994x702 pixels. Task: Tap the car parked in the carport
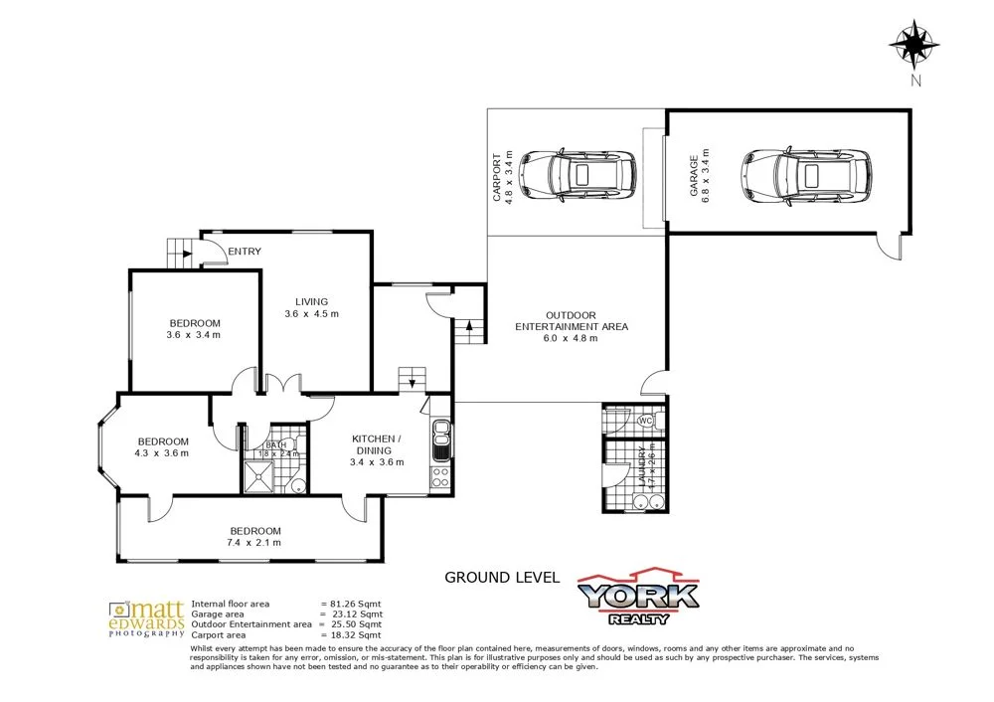578,174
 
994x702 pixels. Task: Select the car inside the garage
809,174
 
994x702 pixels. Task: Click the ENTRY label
244,252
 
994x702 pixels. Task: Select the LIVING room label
311,302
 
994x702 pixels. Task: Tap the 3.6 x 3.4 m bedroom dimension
194,336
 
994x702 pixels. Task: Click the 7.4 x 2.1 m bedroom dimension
255,543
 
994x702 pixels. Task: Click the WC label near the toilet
644,421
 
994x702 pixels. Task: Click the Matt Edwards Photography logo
147,617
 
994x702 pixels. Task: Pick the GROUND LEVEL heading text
502,577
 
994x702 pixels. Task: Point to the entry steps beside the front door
179,252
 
